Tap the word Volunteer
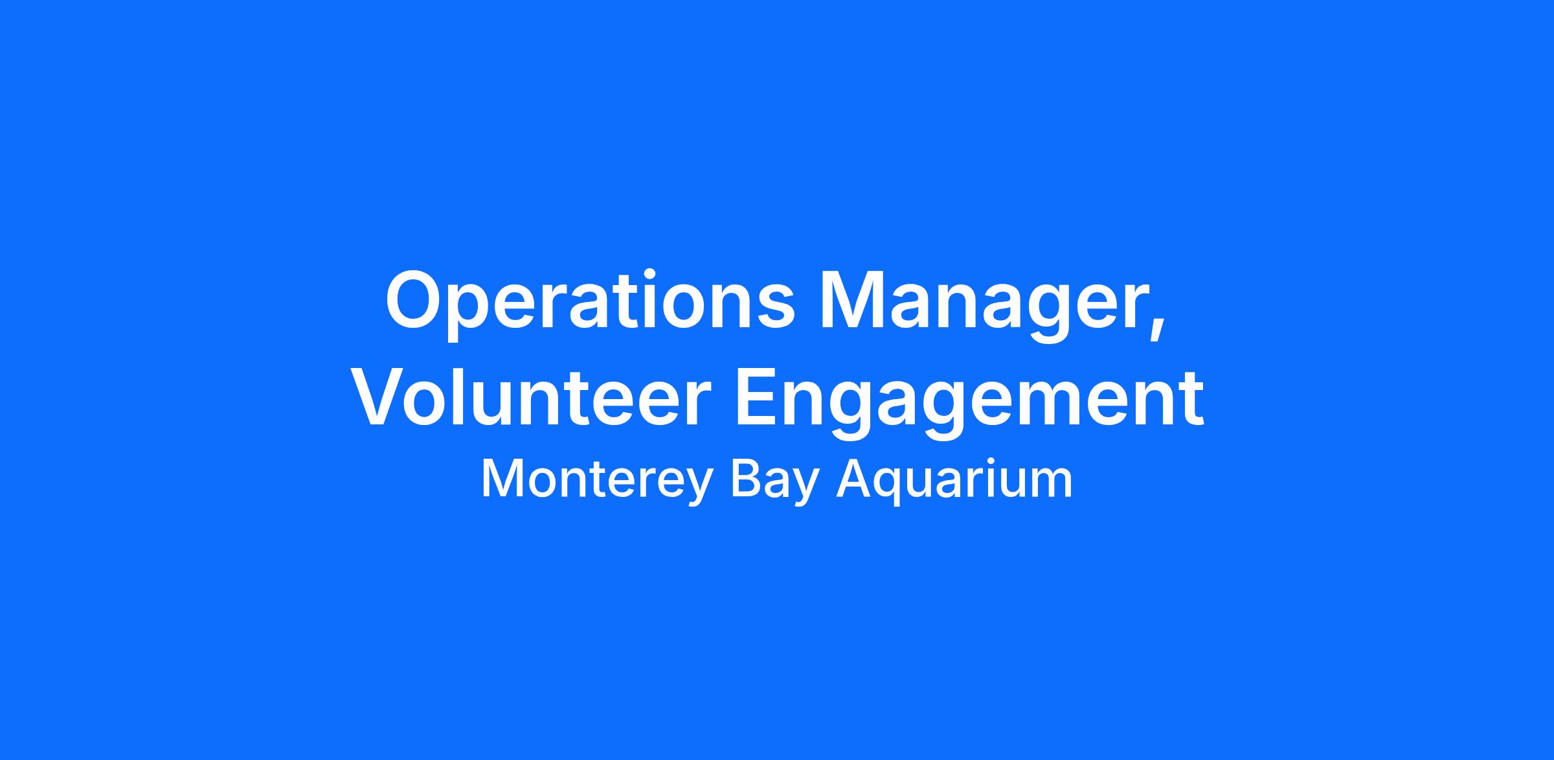[530, 397]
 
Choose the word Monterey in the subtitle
[596, 480]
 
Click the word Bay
[774, 480]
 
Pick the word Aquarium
[954, 480]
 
